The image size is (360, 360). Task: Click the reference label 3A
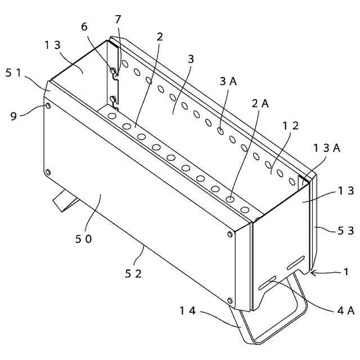coord(228,80)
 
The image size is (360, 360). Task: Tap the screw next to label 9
coord(47,106)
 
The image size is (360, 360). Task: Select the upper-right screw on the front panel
coord(229,234)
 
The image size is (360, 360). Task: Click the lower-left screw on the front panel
coord(47,172)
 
